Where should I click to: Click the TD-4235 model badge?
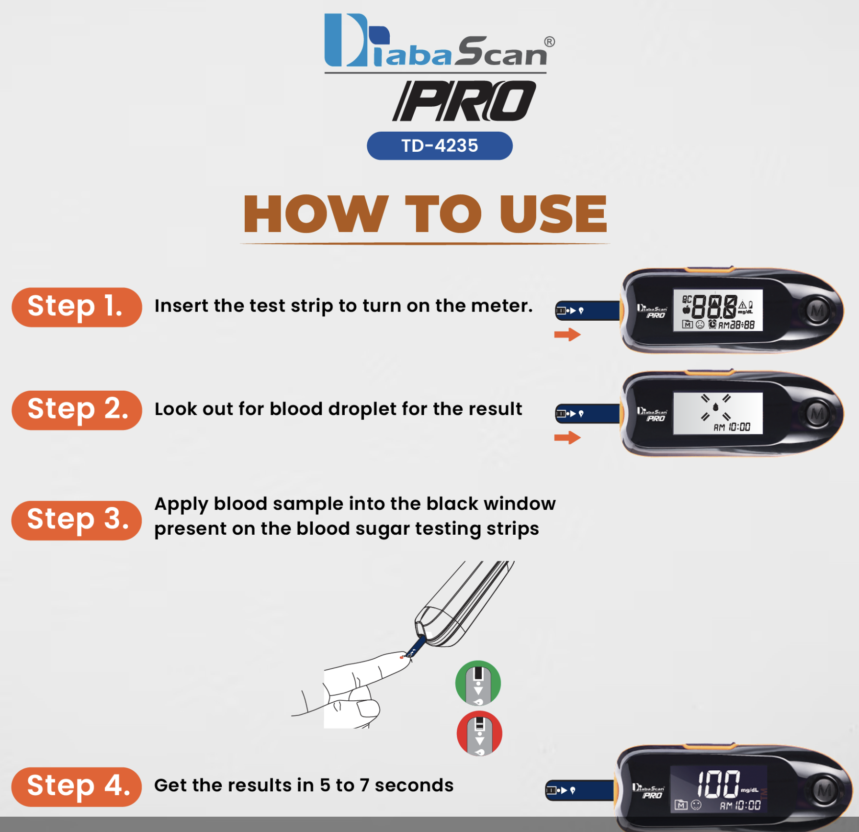440,146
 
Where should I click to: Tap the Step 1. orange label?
77,307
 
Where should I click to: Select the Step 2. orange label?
77,410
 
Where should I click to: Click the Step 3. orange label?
77,520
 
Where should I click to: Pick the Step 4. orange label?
77,787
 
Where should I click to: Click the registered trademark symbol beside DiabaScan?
550,42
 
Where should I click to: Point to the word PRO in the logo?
464,101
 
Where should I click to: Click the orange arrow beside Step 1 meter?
567,334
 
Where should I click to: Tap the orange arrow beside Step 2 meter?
567,437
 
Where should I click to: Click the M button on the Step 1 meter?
817,311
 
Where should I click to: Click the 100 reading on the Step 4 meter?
718,784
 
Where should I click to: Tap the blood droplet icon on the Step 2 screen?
715,407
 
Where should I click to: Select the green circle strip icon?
478,683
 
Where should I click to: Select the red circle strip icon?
479,733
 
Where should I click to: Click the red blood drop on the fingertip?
401,657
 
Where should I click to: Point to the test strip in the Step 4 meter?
580,790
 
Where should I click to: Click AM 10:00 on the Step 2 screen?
732,427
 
